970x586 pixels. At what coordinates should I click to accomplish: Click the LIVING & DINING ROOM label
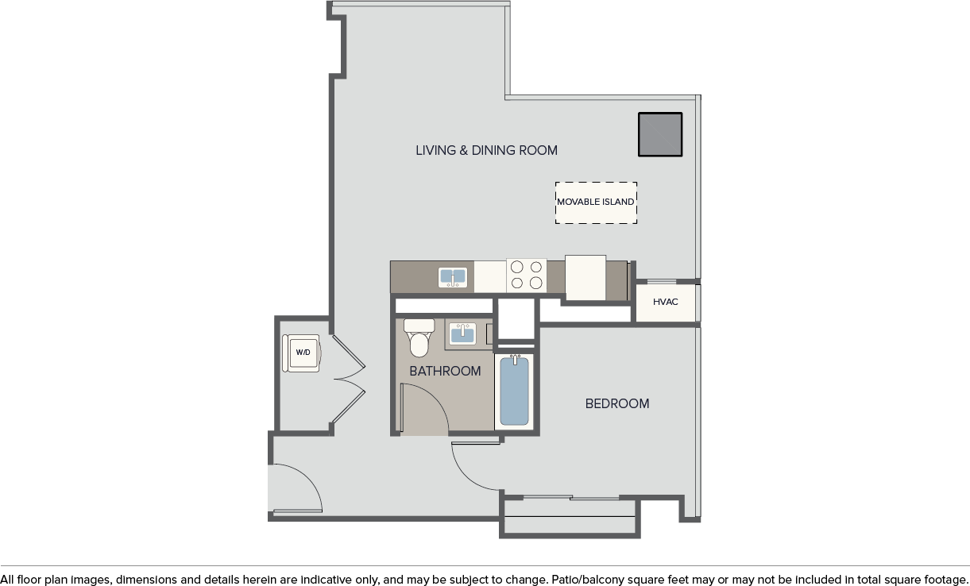486,150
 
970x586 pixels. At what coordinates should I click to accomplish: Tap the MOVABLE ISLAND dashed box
596,202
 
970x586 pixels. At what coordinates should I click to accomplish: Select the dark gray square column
660,134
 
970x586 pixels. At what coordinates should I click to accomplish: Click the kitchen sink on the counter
453,277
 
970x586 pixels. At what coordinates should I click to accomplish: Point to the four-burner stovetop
526,275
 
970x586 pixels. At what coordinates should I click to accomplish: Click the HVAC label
665,302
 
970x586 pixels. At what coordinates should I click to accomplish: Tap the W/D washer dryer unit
301,353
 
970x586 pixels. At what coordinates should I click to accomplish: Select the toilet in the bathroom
419,338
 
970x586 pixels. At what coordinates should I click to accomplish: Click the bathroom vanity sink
462,333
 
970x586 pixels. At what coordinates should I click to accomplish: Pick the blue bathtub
514,391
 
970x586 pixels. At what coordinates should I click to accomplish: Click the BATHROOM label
445,371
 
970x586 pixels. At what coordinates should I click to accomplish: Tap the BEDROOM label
617,403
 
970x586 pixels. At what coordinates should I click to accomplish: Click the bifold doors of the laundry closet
349,379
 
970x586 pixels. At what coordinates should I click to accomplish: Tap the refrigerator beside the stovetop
585,277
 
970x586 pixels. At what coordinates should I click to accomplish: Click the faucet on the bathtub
515,359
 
